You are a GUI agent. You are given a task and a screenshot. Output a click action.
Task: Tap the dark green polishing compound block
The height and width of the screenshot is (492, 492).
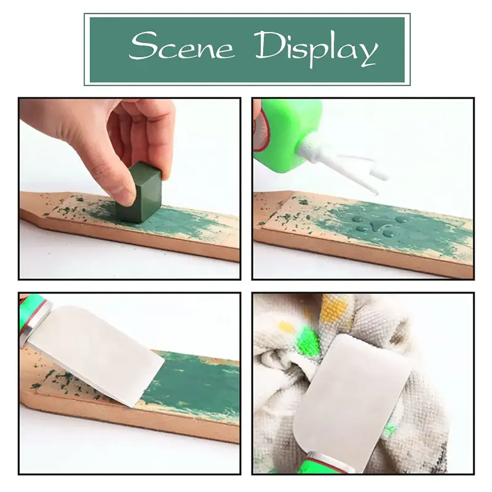[x=139, y=193]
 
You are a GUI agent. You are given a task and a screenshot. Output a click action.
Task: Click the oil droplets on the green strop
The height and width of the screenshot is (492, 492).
[x=370, y=225]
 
